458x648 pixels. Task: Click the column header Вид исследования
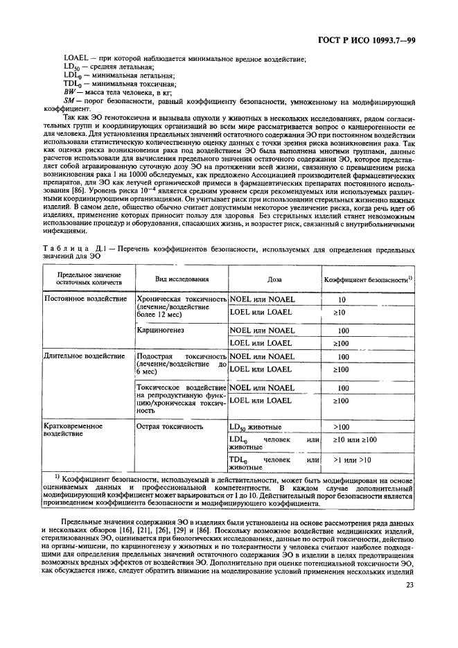[181, 281]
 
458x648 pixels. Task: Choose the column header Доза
[275, 281]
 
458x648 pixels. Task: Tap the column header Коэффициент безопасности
[368, 281]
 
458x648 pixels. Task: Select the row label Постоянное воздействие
[86, 299]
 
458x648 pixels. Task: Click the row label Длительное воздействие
[85, 356]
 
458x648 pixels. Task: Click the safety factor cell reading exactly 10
[342, 300]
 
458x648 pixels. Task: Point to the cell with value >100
[342, 427]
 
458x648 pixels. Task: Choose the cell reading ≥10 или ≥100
[355, 440]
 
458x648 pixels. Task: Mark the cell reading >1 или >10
[352, 459]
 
